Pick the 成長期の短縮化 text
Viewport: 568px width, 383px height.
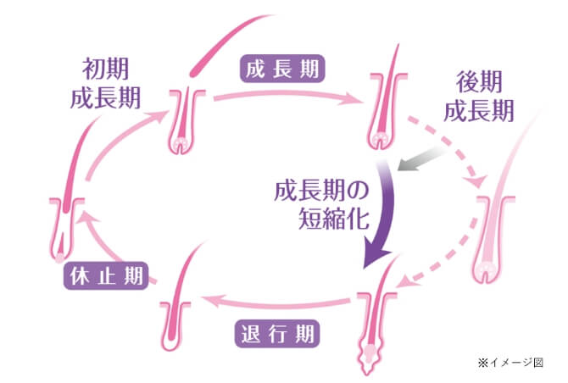pos(321,204)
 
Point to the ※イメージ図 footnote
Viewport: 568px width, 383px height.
pos(508,363)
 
